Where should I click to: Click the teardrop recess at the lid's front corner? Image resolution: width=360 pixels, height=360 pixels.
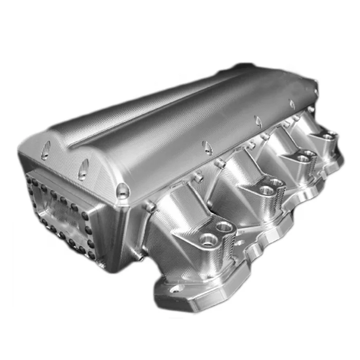tap(122, 191)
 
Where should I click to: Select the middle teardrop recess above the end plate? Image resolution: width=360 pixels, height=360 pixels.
tap(83, 169)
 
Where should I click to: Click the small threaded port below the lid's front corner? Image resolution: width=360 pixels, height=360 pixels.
tap(150, 206)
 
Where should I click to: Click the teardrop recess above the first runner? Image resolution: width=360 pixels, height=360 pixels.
tap(207, 148)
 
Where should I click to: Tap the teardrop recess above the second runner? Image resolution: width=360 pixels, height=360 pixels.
tap(258, 121)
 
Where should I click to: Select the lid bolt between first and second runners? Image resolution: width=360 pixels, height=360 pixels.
tap(220, 164)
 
